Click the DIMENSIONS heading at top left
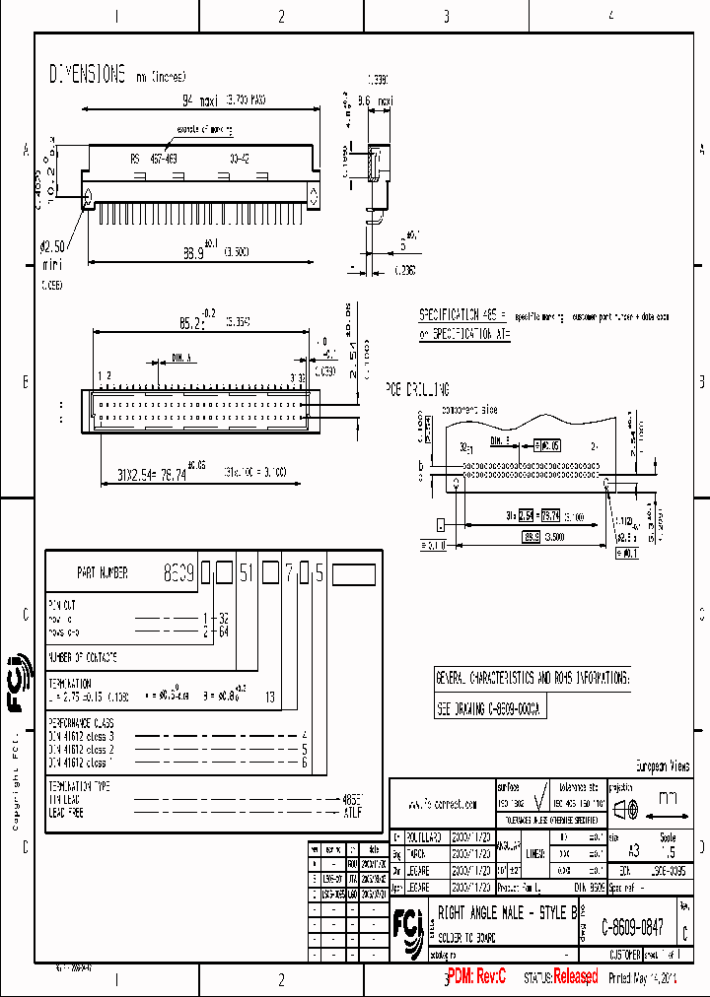click(x=88, y=74)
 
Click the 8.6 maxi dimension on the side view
click(x=375, y=100)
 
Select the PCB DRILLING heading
click(x=417, y=389)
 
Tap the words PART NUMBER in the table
click(x=102, y=572)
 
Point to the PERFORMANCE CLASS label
click(x=84, y=723)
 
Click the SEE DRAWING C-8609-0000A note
click(x=490, y=708)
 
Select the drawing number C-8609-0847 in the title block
click(x=632, y=927)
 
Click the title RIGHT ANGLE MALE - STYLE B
click(x=507, y=913)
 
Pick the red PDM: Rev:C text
click(x=476, y=977)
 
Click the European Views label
click(x=662, y=766)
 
